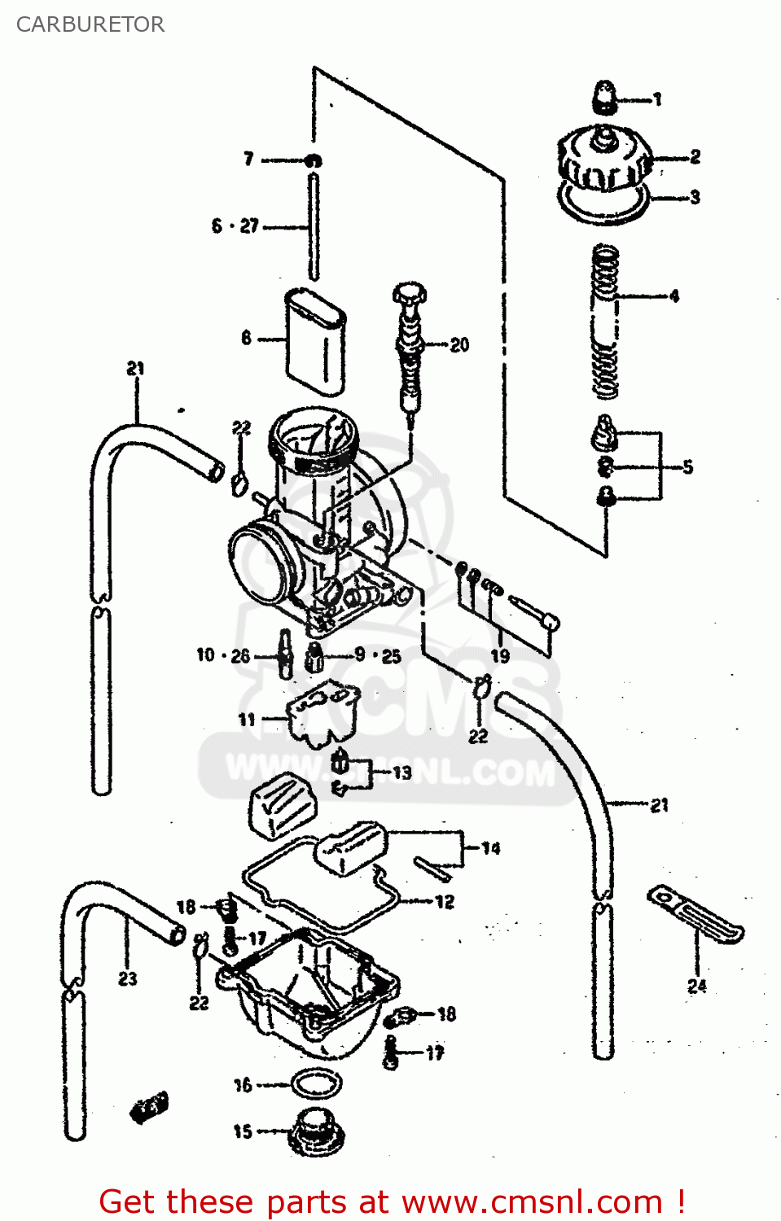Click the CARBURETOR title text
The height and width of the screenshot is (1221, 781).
90,24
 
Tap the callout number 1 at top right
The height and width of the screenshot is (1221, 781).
657,99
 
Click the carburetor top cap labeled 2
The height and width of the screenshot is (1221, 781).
604,160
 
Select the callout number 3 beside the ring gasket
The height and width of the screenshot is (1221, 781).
694,197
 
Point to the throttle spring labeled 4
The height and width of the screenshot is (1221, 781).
605,322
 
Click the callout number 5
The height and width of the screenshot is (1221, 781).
687,466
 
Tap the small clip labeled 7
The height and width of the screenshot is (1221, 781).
313,160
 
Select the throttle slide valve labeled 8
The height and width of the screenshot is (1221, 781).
314,342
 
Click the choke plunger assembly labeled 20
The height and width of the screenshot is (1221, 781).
410,346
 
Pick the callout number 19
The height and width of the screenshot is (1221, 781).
499,656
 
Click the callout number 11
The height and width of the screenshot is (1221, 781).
247,720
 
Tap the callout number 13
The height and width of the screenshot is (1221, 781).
401,772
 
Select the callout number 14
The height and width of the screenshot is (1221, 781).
490,848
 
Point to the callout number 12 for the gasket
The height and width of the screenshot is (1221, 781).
444,902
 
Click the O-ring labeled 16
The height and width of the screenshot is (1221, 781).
316,1083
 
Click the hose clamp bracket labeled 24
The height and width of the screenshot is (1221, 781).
695,913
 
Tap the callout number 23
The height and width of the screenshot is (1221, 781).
128,978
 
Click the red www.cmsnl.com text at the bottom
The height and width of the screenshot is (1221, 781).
532,1201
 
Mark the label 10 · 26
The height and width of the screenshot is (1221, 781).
223,655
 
